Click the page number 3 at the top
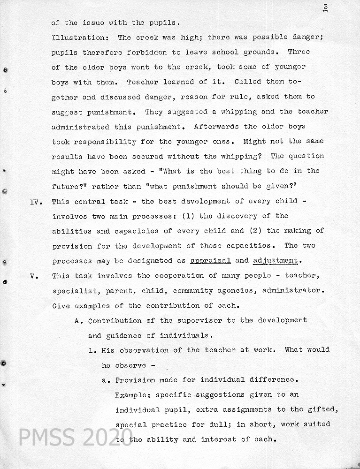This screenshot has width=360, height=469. (325, 7)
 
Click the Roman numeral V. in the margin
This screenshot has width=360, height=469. (33, 276)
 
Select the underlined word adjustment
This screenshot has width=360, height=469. (275, 261)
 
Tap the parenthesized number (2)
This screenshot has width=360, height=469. (254, 231)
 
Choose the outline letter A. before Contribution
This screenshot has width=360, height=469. (79, 321)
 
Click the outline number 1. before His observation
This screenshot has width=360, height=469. (92, 350)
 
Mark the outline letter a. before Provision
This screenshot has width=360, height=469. (106, 380)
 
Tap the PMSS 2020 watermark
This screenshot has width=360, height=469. (75, 437)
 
